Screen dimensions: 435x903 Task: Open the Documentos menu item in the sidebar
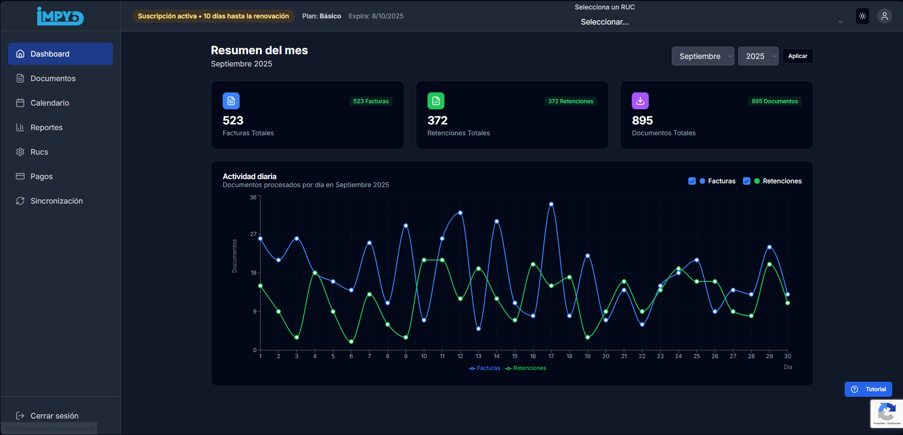pyautogui.click(x=53, y=78)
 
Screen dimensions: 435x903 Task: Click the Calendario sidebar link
pyautogui.click(x=49, y=103)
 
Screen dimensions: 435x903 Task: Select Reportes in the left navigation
pyautogui.click(x=46, y=127)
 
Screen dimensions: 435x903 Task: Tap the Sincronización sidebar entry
pyautogui.click(x=56, y=201)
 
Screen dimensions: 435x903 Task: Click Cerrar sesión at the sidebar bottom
pyautogui.click(x=54, y=416)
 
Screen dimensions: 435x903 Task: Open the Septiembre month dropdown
pyautogui.click(x=702, y=56)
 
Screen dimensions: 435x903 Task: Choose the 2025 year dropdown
pyautogui.click(x=758, y=56)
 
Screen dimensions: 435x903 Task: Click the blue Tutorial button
pyautogui.click(x=868, y=389)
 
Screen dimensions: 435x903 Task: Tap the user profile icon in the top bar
pyautogui.click(x=885, y=16)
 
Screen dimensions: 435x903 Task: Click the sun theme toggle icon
pyautogui.click(x=863, y=16)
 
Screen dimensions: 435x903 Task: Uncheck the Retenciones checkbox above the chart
pyautogui.click(x=747, y=181)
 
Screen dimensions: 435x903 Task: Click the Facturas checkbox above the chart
pyautogui.click(x=692, y=181)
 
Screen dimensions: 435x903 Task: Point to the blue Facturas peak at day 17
pyautogui.click(x=551, y=204)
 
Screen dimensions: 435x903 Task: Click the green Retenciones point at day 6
pyautogui.click(x=351, y=342)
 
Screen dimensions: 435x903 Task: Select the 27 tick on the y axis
pyautogui.click(x=253, y=234)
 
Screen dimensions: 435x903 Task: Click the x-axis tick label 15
pyautogui.click(x=515, y=356)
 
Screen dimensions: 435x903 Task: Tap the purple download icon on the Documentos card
pyautogui.click(x=640, y=101)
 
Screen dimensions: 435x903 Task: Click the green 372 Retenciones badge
pyautogui.click(x=571, y=101)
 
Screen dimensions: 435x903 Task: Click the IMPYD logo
pyautogui.click(x=60, y=16)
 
